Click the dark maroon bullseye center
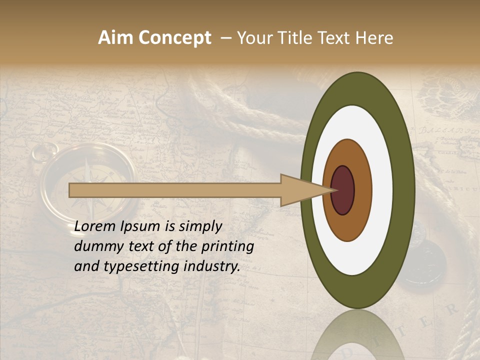coord(342,190)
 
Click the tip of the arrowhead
coord(334,190)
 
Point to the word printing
coord(227,246)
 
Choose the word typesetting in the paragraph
coord(133,267)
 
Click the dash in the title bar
coord(225,38)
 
